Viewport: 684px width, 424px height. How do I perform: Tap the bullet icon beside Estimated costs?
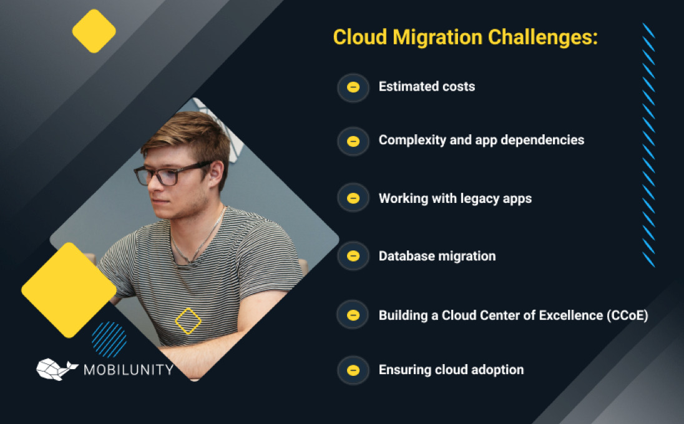click(353, 87)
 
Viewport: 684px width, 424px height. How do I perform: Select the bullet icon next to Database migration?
click(353, 256)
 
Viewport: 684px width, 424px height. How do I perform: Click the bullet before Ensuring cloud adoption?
click(353, 370)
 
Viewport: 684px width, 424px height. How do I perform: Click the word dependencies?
click(542, 140)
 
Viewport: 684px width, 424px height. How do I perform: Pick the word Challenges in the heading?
click(543, 37)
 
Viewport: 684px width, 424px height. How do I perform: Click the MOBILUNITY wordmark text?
click(129, 370)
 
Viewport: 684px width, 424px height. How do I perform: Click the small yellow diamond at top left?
click(94, 31)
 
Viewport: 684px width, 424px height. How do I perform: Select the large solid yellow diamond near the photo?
click(69, 290)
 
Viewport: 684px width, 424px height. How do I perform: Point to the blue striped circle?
click(109, 339)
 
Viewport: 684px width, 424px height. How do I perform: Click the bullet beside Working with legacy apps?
click(353, 198)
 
